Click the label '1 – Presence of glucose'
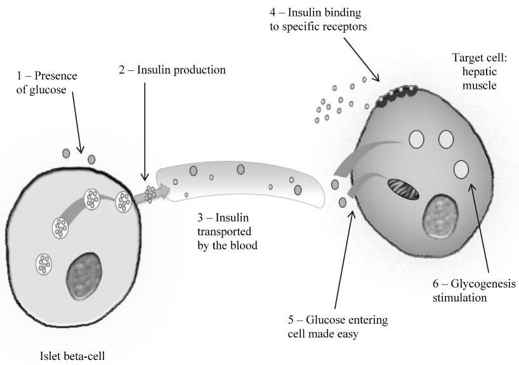[x=46, y=83]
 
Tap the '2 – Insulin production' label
[x=172, y=70]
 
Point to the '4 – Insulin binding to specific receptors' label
[x=318, y=20]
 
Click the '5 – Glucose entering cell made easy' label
[x=337, y=326]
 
